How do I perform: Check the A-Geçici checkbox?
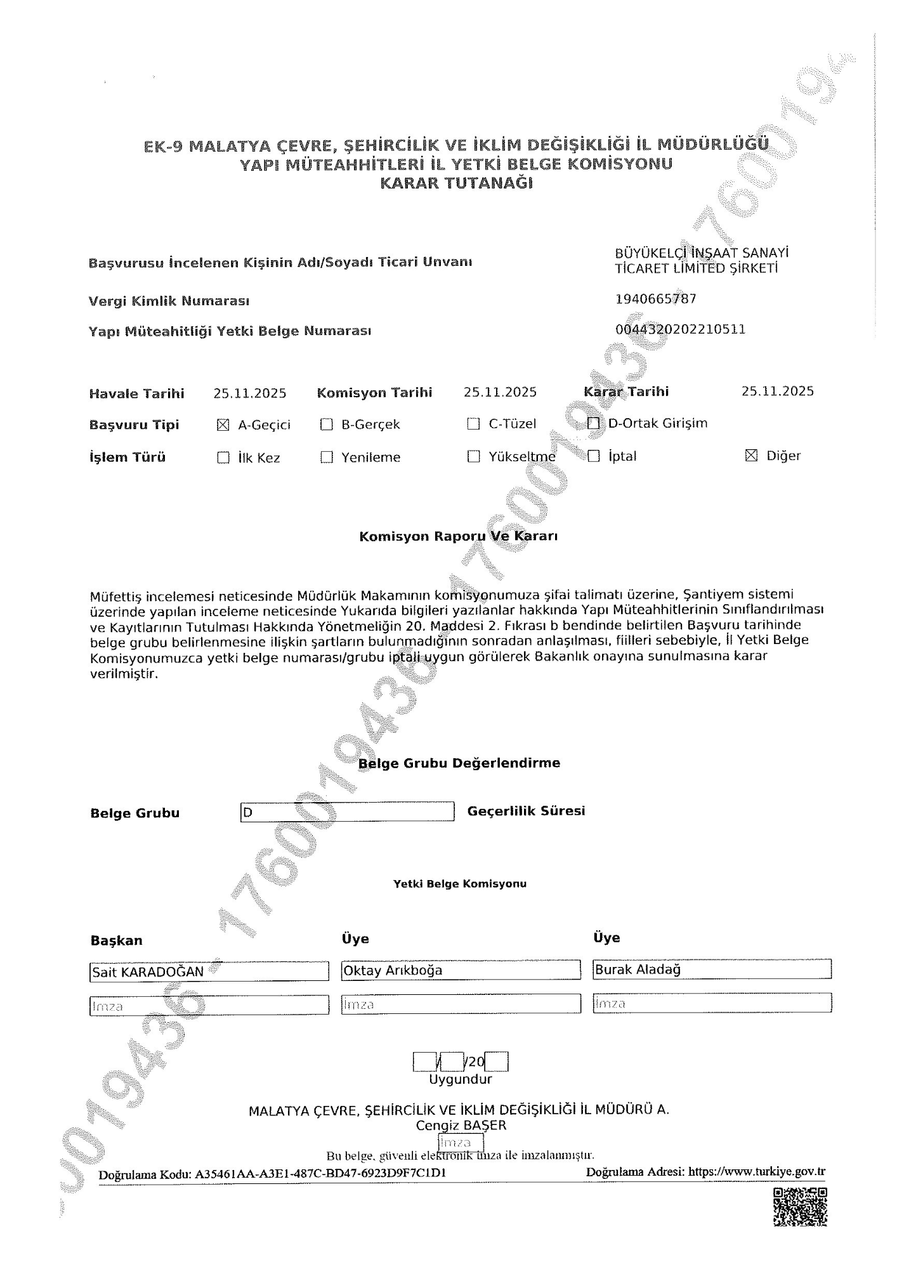pos(223,425)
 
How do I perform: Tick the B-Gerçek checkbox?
pos(327,424)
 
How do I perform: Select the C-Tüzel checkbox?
pos(473,424)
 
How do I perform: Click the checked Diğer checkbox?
pos(751,455)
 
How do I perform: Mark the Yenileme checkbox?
pos(327,457)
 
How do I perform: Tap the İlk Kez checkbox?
pos(223,457)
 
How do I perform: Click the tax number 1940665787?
pos(656,299)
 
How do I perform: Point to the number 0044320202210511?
pos(680,329)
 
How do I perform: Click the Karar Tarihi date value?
pos(777,391)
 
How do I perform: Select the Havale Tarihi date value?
pos(250,393)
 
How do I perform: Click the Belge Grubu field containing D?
pos(347,812)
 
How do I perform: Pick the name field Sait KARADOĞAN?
pos(209,971)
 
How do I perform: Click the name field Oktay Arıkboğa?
pos(461,970)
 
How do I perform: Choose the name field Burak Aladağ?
pos(712,970)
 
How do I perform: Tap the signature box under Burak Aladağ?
pos(712,1003)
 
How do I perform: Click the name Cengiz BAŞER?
pos(461,1126)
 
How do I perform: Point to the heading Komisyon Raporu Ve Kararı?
pos(459,536)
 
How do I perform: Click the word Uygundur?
pos(461,1079)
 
